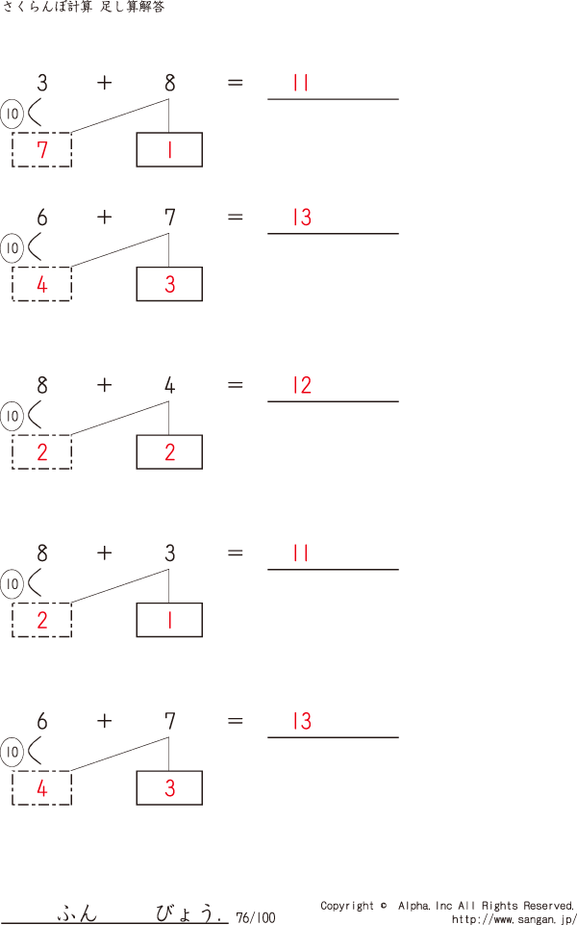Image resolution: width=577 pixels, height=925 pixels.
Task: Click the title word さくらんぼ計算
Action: tap(46, 8)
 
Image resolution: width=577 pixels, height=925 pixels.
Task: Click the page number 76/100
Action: tap(255, 918)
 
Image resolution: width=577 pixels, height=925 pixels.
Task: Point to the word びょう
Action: tap(188, 912)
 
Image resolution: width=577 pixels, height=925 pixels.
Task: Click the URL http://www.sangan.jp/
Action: tap(514, 919)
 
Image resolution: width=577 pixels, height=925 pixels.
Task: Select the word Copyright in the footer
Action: tap(347, 906)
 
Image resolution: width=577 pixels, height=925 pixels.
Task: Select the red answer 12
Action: tap(302, 386)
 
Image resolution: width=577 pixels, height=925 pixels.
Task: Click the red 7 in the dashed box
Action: tap(41, 150)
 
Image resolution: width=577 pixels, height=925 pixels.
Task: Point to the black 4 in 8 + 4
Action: tap(169, 386)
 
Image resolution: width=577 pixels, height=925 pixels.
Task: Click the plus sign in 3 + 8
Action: tap(104, 84)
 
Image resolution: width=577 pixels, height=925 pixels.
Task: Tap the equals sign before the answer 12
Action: tap(235, 386)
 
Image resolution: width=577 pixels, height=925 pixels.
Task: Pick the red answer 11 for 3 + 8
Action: tap(301, 84)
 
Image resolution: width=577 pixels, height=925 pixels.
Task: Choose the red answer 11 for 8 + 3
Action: tap(301, 553)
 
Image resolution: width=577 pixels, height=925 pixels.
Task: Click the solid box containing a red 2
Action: tap(169, 452)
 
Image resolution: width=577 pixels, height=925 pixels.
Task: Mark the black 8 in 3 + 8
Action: tap(169, 84)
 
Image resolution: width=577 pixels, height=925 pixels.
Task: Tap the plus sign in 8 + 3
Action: tap(104, 553)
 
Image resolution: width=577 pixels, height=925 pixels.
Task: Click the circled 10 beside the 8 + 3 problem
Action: tap(12, 584)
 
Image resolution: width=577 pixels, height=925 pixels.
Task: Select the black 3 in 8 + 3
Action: tap(169, 553)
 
